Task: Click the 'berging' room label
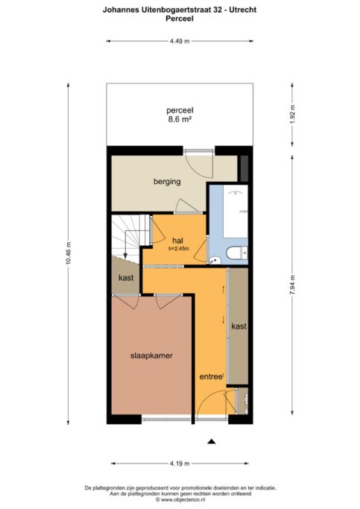(x=167, y=182)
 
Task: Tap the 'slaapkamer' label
(x=152, y=355)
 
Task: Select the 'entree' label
(x=210, y=377)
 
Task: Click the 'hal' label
(x=177, y=240)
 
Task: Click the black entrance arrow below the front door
(x=212, y=441)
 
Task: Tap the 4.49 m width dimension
(x=179, y=41)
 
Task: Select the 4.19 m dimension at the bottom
(x=179, y=463)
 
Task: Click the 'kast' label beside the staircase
(x=125, y=278)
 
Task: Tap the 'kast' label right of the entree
(x=239, y=327)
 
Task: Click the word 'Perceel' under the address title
(x=179, y=20)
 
